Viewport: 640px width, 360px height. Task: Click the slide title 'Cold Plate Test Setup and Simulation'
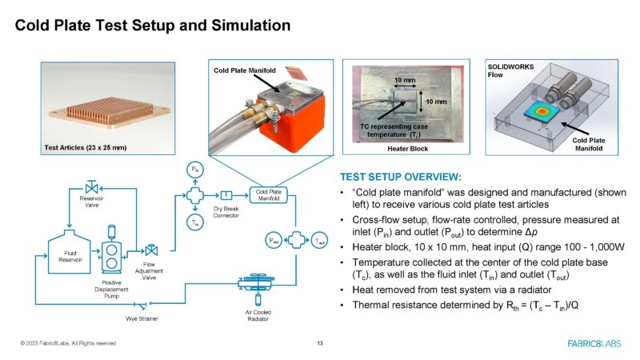(153, 26)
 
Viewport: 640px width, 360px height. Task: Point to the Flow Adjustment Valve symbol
(150, 252)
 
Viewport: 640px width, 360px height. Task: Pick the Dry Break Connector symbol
(226, 195)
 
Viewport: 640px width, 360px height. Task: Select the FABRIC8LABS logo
(595, 343)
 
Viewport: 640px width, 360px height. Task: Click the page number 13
(320, 343)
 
